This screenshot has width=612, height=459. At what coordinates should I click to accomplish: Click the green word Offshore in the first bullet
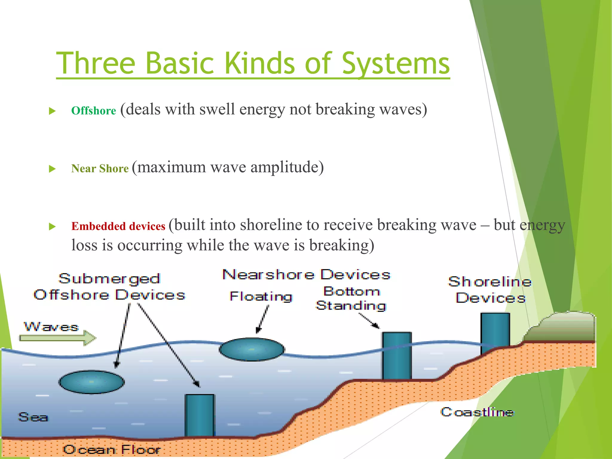coord(94,111)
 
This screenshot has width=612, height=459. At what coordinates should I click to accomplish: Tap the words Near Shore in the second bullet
coord(100,169)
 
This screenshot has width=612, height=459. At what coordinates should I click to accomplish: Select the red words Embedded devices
coord(118,226)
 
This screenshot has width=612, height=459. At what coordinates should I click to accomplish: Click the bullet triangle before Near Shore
coord(52,169)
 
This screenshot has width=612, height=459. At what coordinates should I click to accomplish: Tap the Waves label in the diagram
coord(51,326)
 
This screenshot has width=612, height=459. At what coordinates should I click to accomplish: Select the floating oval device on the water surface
coord(251,349)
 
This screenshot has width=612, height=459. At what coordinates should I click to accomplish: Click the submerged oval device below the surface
coord(91,382)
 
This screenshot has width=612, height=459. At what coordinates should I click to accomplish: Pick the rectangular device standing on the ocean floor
coord(199,415)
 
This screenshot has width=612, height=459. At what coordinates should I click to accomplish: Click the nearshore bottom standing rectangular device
coord(397,356)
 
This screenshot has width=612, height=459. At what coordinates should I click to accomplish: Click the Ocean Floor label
coord(111,449)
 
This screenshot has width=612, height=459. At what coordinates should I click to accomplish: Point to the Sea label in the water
coord(33,417)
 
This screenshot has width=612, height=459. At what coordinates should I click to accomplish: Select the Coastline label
coord(477,412)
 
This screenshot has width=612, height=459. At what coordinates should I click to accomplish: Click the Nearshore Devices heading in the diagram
coord(306,274)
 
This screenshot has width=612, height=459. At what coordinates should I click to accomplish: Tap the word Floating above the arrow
coord(261,296)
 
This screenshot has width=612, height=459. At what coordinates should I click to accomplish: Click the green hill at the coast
coord(562,327)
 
